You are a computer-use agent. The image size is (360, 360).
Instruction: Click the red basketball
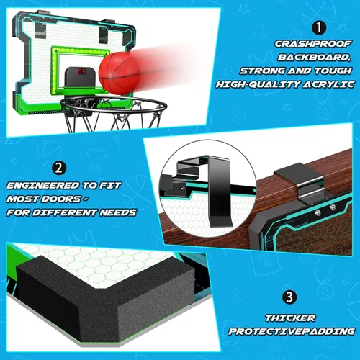pos(120,73)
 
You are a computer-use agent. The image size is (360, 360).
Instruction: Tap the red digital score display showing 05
pos(81,71)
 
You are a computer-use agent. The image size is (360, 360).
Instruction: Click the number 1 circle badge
pos(319,28)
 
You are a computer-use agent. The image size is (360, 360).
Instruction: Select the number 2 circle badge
pos(59,168)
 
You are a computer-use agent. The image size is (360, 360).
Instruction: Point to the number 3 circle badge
pos(289,297)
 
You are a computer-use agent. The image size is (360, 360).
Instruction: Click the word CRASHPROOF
pos(312,44)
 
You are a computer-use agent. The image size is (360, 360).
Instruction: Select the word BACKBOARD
pos(314,58)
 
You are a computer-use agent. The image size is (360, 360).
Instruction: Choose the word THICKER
pos(290,318)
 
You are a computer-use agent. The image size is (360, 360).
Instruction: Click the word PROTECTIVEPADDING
pos(292,331)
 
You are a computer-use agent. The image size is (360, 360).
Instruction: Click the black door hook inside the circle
pos(220,189)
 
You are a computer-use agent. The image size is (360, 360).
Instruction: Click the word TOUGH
pos(333,71)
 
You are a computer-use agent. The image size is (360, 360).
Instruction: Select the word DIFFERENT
pos(65,212)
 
